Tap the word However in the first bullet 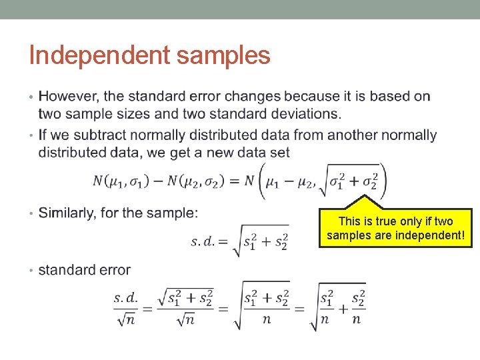[x=69, y=97]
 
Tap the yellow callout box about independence [x=395, y=227]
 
